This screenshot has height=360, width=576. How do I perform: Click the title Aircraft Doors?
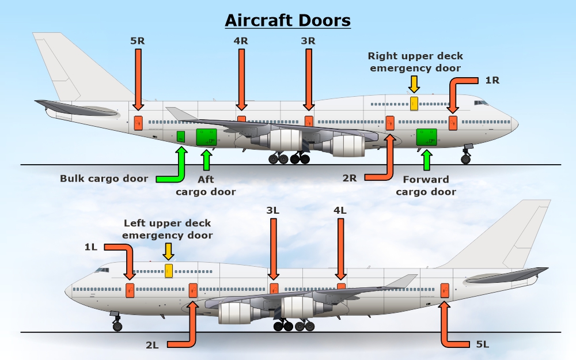[287, 21]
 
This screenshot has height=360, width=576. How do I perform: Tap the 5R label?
[138, 41]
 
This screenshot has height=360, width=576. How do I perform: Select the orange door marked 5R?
[138, 123]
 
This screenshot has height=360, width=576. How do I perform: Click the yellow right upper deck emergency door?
[414, 103]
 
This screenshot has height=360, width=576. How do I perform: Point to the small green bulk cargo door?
[181, 137]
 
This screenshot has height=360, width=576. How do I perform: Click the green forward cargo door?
[427, 138]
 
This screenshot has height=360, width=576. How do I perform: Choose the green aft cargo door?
[206, 138]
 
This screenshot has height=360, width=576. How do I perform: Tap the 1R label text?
[492, 80]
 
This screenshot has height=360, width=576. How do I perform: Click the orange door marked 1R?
[453, 123]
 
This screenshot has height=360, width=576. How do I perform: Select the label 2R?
[350, 177]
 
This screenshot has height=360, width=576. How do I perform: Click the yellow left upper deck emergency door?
[169, 270]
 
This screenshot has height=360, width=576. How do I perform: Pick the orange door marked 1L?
[130, 290]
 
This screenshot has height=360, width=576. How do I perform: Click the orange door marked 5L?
[445, 290]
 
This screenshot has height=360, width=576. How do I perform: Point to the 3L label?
[273, 211]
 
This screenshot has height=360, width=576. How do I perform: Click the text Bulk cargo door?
[104, 179]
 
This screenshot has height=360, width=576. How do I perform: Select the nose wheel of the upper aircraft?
[465, 159]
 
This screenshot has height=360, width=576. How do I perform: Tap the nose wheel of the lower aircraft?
[118, 327]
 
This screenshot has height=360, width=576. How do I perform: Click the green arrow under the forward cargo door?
[427, 160]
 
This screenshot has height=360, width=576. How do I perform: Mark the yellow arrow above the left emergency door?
[168, 251]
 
